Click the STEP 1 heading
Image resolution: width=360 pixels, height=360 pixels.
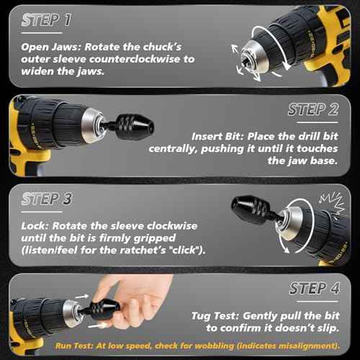click(46, 19)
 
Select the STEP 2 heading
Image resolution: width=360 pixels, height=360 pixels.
click(313, 109)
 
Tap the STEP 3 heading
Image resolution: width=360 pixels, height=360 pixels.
click(47, 199)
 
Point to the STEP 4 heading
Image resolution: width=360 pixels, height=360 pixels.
click(315, 288)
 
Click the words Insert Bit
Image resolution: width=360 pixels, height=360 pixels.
click(217, 137)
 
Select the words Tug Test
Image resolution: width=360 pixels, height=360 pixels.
click(215, 316)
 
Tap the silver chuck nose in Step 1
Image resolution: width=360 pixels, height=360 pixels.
click(255, 57)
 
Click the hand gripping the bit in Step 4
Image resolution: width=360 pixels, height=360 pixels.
click(135, 301)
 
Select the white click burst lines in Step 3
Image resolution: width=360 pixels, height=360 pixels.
click(333, 202)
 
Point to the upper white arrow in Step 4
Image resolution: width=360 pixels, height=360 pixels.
click(82, 297)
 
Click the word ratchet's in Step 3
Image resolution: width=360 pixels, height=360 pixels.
click(143, 250)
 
